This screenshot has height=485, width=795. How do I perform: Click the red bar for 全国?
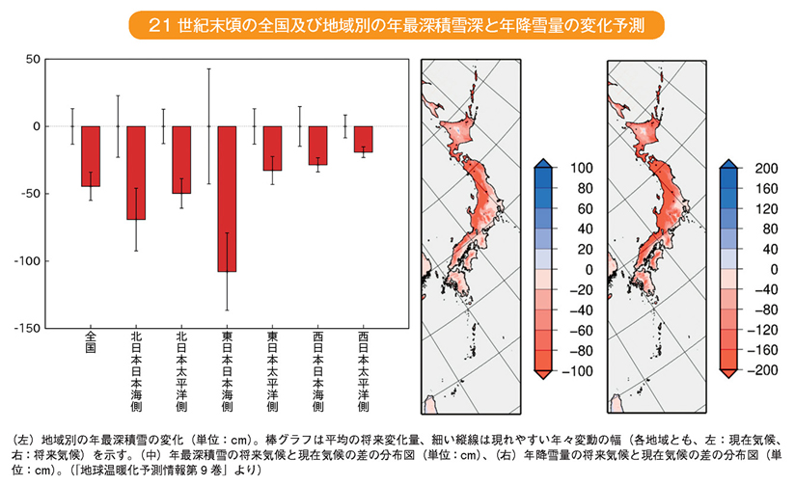(91, 156)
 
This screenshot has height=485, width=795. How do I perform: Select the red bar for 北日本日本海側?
(136, 173)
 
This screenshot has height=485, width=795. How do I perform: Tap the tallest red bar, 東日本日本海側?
(227, 199)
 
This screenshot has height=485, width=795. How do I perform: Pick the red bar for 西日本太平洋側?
(363, 139)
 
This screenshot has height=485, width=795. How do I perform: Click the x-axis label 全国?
(91, 342)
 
